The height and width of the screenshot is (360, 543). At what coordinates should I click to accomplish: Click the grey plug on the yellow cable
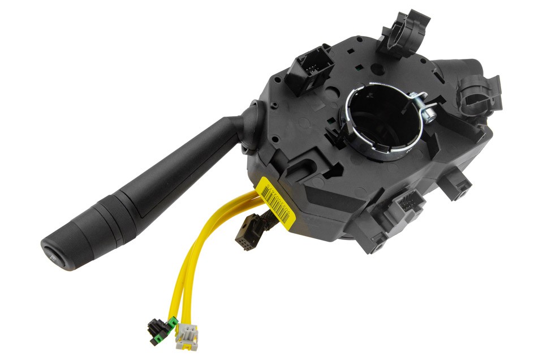coord(186,336)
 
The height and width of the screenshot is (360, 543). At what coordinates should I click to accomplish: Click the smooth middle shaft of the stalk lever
coord(181,164)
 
